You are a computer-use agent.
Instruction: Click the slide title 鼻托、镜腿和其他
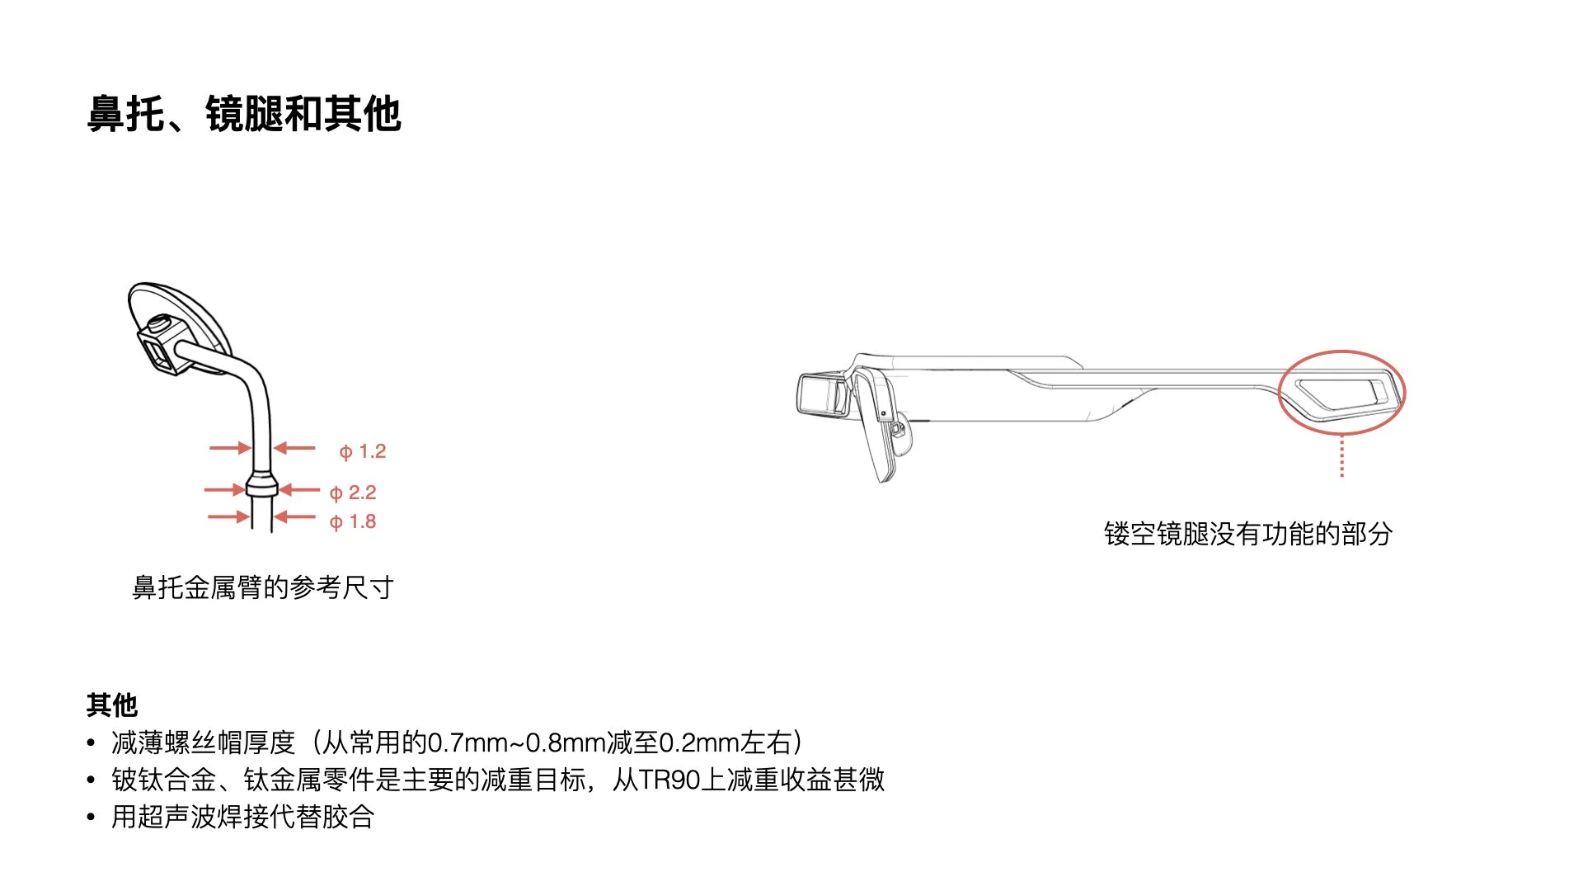(x=244, y=114)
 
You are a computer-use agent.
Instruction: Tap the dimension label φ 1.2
(x=363, y=451)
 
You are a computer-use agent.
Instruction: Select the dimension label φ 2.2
(x=353, y=493)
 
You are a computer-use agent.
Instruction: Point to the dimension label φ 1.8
(x=353, y=521)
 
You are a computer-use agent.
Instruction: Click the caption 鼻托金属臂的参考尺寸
(x=263, y=587)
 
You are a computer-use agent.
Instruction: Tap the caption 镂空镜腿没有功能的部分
(x=1248, y=534)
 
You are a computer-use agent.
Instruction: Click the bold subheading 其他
(x=112, y=705)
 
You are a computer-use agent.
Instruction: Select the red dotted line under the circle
(x=1342, y=456)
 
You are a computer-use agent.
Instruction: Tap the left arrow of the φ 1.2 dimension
(x=229, y=448)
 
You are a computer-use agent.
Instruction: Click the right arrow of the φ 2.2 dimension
(x=298, y=490)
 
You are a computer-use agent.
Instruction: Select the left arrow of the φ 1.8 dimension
(x=228, y=517)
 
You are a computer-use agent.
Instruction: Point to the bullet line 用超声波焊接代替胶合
(x=243, y=817)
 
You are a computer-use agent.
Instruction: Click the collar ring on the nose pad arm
(x=262, y=484)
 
